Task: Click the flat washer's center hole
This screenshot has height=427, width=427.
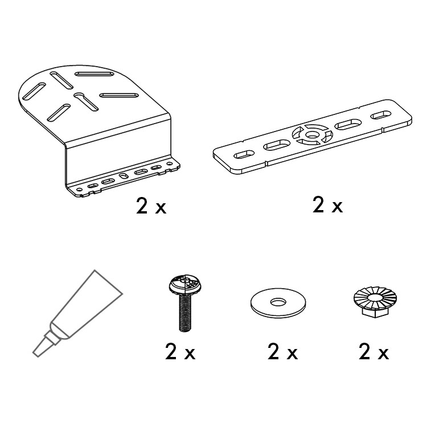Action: pos(278,302)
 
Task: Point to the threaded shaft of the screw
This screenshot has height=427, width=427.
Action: pos(185,313)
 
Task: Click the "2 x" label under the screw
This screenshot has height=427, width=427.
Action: pos(180,352)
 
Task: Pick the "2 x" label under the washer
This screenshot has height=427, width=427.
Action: pos(282,352)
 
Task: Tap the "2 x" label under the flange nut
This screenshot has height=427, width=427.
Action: pos(373,352)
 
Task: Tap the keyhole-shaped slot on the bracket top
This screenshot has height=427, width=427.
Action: pos(86,101)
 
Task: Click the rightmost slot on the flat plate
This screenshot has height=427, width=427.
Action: pos(381,114)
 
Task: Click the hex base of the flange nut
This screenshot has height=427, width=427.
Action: pos(375,311)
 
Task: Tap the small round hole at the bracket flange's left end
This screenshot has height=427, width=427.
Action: pos(79,189)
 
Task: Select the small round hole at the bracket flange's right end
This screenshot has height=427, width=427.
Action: pos(169,164)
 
